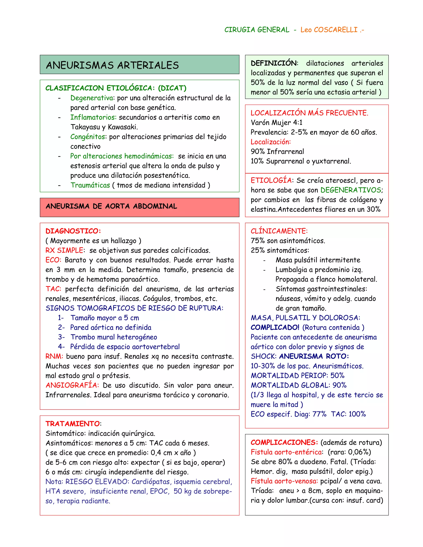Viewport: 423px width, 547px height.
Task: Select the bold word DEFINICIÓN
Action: (274, 63)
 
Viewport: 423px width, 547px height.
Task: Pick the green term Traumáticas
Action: (90, 185)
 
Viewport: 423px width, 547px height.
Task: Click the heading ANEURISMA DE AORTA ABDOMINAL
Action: (111, 206)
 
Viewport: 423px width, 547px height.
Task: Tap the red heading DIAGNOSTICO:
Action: (73, 231)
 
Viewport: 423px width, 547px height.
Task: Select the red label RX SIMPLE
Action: (64, 250)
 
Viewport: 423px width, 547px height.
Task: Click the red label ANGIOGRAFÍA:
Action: (72, 385)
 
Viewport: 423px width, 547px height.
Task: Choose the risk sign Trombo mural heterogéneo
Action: (114, 337)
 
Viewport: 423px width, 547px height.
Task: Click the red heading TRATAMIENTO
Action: (73, 424)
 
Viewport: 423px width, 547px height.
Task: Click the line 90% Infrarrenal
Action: (277, 152)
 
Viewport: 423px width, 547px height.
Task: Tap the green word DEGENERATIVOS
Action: (351, 190)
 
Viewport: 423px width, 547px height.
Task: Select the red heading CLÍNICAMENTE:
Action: (279, 231)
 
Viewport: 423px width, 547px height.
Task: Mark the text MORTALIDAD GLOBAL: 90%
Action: (298, 385)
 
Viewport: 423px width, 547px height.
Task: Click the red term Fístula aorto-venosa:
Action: (284, 481)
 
